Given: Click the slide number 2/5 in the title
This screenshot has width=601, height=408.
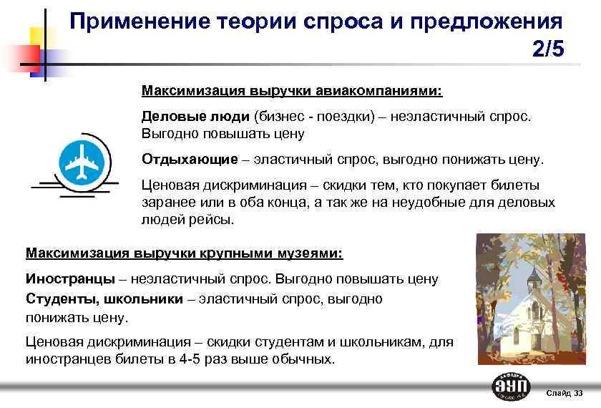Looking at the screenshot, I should click(x=548, y=49).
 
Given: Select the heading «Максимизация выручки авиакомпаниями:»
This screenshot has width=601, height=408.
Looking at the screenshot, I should click(x=292, y=92).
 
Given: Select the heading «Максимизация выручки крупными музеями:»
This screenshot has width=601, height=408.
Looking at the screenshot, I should click(x=184, y=253).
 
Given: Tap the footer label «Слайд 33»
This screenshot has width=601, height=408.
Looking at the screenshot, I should click(x=564, y=394).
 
